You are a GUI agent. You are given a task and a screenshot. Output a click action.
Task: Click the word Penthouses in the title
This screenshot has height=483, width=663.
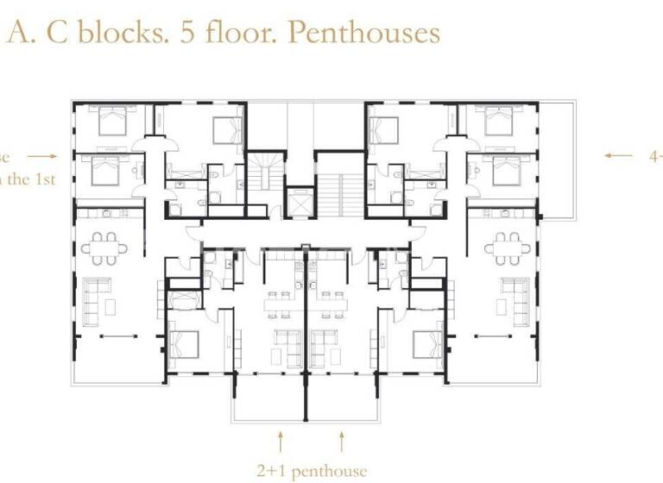pyautogui.click(x=363, y=33)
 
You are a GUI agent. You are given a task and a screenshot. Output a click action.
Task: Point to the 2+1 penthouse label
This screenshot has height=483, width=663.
pyautogui.click(x=312, y=471)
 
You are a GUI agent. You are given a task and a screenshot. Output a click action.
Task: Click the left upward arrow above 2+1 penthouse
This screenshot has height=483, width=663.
pyautogui.click(x=281, y=443)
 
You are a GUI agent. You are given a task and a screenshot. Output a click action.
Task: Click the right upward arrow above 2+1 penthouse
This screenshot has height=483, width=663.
pyautogui.click(x=342, y=443)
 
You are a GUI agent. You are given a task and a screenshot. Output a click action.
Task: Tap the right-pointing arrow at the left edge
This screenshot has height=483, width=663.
pyautogui.click(x=42, y=156)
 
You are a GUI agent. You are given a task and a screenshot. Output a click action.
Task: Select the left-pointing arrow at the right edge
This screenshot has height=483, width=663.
pyautogui.click(x=618, y=156)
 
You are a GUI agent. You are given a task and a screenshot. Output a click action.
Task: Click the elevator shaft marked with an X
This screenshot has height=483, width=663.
pyautogui.click(x=300, y=205)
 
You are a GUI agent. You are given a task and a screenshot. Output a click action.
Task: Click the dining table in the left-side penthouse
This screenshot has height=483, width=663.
pyautogui.click(x=104, y=248)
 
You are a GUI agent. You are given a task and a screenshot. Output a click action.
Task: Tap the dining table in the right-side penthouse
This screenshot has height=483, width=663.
pyautogui.click(x=508, y=248)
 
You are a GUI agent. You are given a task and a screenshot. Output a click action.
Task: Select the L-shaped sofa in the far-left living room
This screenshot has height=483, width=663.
pyautogui.click(x=97, y=296)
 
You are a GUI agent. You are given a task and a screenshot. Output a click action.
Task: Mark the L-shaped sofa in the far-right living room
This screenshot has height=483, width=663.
pyautogui.click(x=515, y=296)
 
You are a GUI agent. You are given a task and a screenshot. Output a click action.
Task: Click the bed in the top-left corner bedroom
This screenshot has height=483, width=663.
pyautogui.click(x=111, y=121)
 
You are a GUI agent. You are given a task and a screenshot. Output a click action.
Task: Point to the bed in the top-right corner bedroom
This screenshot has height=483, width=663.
pyautogui.click(x=499, y=121)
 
